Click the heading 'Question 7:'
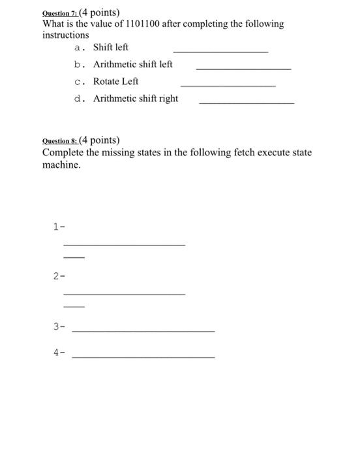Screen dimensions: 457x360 pos(59,13)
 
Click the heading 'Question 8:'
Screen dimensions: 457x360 pos(59,140)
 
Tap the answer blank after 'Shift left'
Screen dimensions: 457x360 pos(220,51)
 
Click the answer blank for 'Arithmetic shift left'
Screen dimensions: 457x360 pos(243,68)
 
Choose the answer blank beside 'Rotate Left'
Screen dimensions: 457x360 pos(228,85)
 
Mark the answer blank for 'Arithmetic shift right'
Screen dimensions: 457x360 pos(246,102)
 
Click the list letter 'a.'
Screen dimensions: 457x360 pos(79,48)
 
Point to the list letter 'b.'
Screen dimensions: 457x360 pos(79,65)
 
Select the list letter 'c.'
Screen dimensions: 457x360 pos(79,82)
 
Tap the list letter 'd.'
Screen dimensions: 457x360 pos(79,99)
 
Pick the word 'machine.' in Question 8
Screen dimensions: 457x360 pos(62,165)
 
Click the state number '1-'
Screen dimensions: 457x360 pos(59,227)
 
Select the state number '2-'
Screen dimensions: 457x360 pos(59,276)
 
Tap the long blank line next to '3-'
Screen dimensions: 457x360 pos(143,331)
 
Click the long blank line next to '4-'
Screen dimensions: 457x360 pos(143,356)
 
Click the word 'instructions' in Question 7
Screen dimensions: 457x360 pos(65,35)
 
